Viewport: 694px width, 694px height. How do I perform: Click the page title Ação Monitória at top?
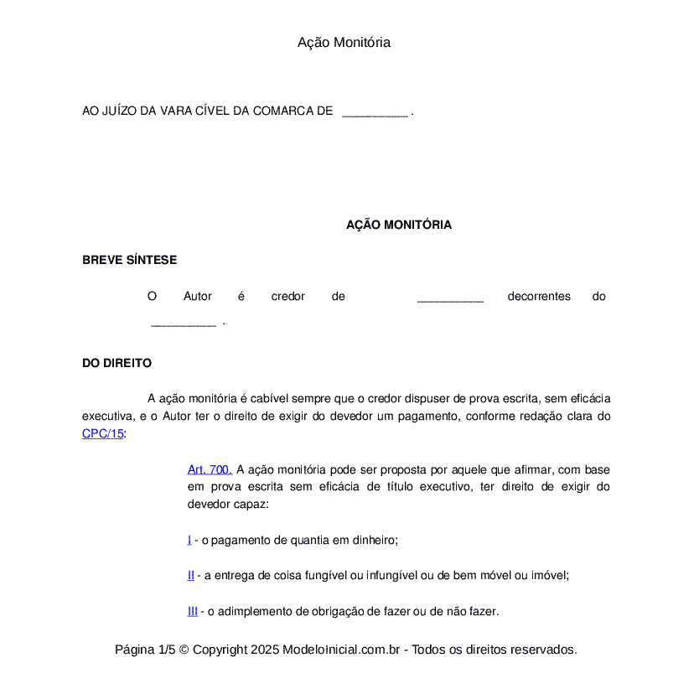[x=344, y=43]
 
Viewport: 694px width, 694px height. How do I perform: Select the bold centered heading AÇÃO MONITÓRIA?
[x=398, y=225]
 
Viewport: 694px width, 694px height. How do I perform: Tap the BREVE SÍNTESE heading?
[x=129, y=260]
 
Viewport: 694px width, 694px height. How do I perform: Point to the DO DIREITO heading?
[x=117, y=364]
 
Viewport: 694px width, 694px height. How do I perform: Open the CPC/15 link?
[x=102, y=434]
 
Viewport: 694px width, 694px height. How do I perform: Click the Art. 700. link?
[x=210, y=470]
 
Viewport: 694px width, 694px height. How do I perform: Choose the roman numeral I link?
[x=189, y=541]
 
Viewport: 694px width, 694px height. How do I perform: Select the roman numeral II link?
[x=191, y=576]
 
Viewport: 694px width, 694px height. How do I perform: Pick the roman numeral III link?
[x=193, y=612]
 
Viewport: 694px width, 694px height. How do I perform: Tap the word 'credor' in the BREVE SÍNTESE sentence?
[x=287, y=297]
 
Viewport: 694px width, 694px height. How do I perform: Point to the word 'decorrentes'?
[x=539, y=297]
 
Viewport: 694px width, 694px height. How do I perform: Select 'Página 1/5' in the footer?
[x=145, y=650]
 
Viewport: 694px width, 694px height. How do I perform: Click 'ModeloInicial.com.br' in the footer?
[x=341, y=650]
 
